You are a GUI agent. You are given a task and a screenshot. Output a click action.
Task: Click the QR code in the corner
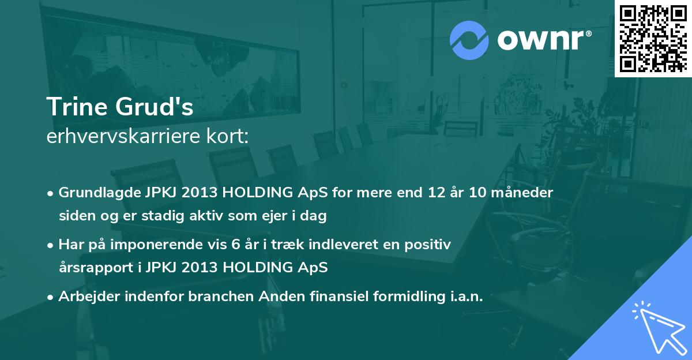point(653,38)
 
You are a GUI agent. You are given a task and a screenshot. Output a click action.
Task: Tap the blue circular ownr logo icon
point(469,40)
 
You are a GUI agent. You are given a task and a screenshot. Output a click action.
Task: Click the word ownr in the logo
point(541,40)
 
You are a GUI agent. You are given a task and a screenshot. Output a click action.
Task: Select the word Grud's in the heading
point(155,107)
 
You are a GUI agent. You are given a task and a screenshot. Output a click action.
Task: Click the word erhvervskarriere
point(123,136)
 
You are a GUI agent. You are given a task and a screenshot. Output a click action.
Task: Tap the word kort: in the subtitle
point(228,136)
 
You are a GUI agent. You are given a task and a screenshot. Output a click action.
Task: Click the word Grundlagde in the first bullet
point(100,193)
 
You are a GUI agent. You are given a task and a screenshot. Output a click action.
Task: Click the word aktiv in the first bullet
point(206,215)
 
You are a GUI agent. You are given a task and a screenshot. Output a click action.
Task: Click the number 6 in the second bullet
point(235,245)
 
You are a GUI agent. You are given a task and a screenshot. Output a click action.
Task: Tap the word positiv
point(427,245)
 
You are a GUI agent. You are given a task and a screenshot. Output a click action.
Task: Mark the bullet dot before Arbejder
point(50,297)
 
